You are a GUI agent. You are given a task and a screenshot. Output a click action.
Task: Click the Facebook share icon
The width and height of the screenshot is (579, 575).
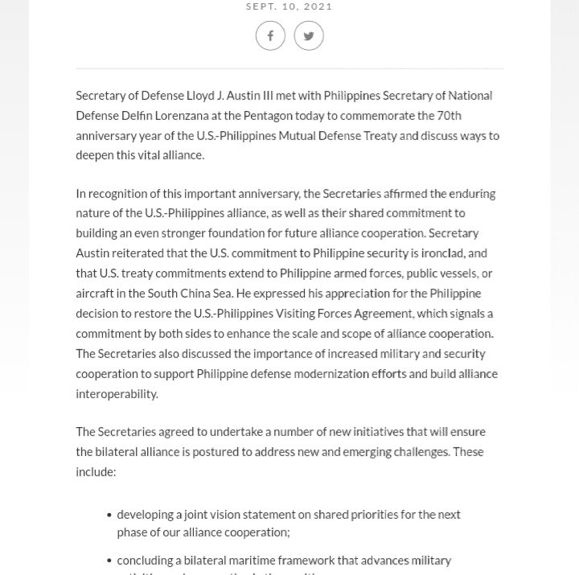coord(270,36)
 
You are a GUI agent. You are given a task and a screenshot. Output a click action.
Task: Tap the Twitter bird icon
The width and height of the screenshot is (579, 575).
coord(309,36)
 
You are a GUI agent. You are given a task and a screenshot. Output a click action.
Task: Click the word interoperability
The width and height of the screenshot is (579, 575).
coord(118,393)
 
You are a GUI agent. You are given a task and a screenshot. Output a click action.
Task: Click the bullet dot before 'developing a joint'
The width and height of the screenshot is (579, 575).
coord(109,515)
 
